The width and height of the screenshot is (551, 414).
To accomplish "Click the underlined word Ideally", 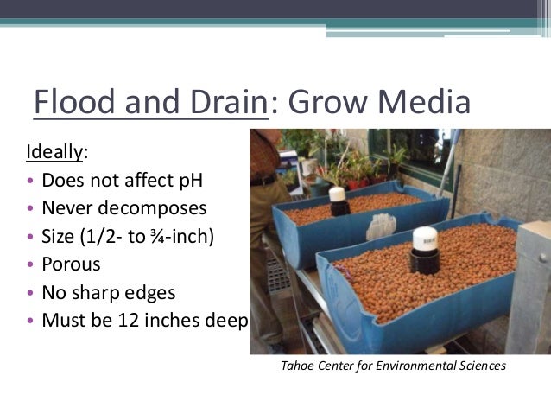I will [x=55, y=153].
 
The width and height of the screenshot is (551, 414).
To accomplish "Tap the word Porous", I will [x=71, y=264].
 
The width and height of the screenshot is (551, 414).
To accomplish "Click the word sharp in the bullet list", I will [x=100, y=292].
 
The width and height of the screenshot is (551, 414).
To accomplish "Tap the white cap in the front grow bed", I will [x=424, y=238].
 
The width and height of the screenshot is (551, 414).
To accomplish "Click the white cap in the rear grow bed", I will [x=338, y=195].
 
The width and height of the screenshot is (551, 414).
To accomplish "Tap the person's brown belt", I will [x=264, y=181].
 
